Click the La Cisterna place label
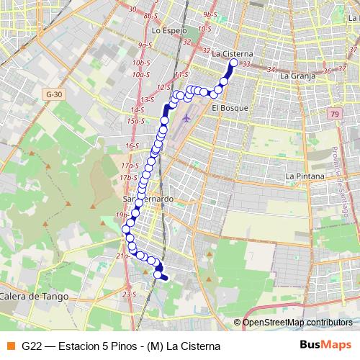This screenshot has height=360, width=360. tap(233, 53)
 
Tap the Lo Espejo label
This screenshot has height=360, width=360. tap(170, 31)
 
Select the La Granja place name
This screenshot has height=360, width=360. tap(295, 75)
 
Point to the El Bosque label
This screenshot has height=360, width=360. tap(230, 108)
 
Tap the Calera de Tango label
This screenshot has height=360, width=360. tap(34, 296)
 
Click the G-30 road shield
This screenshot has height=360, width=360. tap(53, 94)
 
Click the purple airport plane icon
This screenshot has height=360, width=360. tap(188, 117)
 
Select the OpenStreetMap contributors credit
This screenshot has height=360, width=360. tap(297, 322)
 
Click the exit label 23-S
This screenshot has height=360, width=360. tap(129, 294)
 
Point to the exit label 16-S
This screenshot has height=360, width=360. tap(132, 145)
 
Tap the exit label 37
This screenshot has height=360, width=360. tap(325, 71)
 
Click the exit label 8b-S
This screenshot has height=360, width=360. tap(150, 15)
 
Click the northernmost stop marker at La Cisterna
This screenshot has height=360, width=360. tap(233, 63)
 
